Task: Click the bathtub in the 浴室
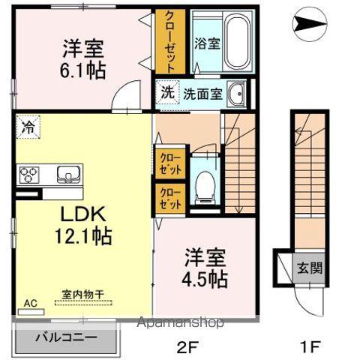tap(237, 41)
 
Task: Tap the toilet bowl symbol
tap(205, 186)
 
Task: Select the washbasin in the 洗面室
tap(236, 94)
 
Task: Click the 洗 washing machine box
tap(167, 92)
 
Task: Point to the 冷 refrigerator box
tap(28, 127)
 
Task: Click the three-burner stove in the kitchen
tap(28, 173)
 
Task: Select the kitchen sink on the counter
tap(68, 174)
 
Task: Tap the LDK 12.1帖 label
tap(83, 225)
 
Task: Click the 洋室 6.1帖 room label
tap(82, 59)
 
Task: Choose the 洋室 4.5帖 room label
tap(205, 268)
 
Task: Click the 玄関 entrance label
tap(310, 268)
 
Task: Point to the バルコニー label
tap(66, 337)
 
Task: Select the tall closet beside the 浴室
tap(170, 41)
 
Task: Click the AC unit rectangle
tap(31, 312)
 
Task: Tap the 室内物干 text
tap(82, 294)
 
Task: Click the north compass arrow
tap(310, 24)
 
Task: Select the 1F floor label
tap(310, 347)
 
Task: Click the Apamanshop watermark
tap(180, 322)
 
